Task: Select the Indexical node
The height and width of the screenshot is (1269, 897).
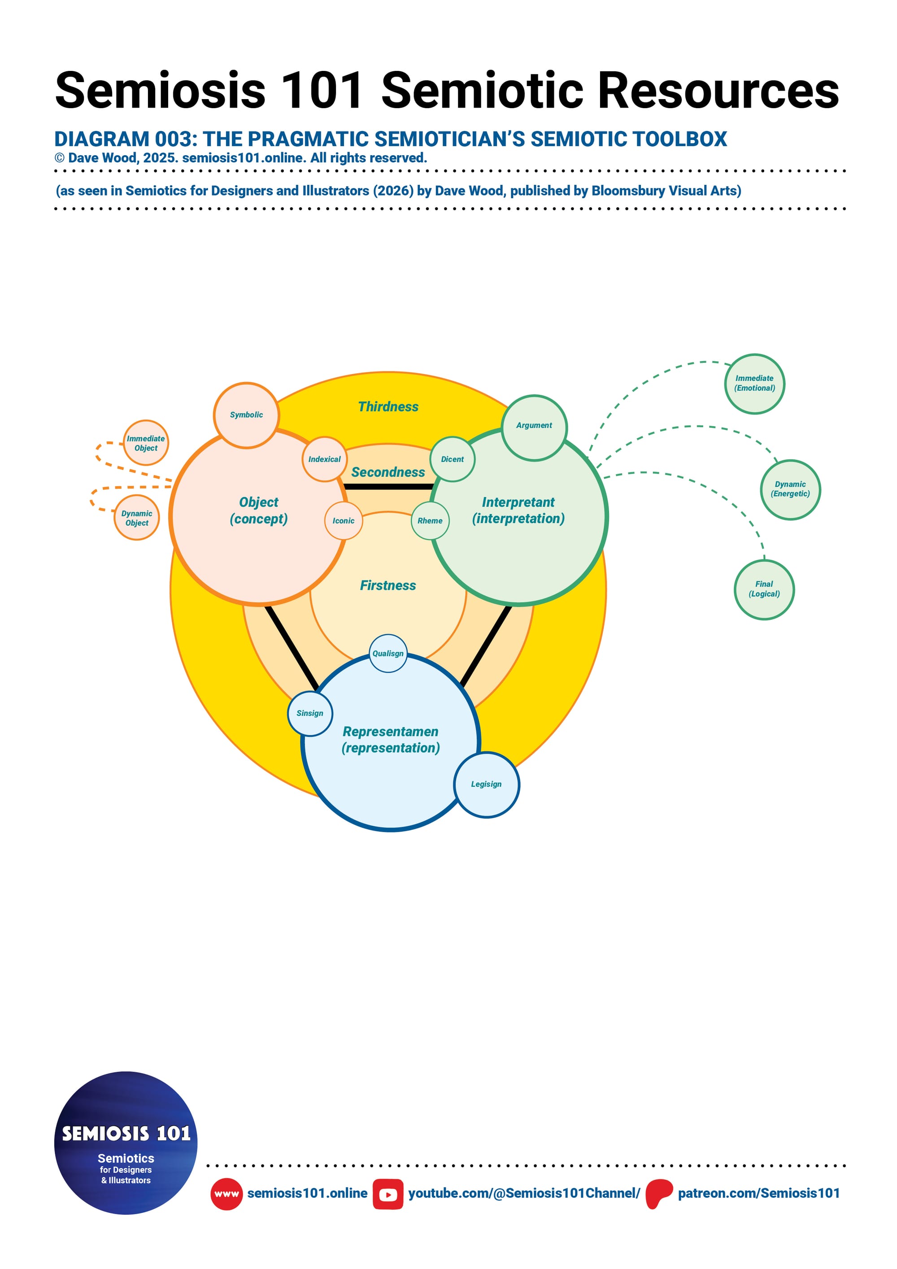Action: click(324, 459)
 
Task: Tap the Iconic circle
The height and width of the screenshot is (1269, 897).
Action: click(343, 521)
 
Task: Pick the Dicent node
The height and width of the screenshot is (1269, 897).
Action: click(452, 459)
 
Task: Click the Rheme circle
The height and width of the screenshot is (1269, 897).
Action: click(430, 521)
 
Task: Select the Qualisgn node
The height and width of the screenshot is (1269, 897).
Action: click(388, 653)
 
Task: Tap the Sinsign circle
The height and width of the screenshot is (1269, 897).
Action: click(310, 714)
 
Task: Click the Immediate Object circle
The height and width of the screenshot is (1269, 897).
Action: click(146, 443)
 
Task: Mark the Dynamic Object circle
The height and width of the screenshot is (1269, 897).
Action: click(136, 518)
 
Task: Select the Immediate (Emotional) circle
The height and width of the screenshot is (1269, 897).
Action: click(754, 384)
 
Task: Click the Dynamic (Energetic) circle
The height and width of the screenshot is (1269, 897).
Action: click(790, 490)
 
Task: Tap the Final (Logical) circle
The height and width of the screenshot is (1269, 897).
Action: click(764, 589)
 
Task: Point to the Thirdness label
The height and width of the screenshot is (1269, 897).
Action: click(388, 407)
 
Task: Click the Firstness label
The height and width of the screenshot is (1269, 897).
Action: click(388, 585)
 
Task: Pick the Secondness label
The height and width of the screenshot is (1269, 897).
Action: click(388, 472)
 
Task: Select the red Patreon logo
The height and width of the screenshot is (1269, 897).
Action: click(659, 1194)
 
